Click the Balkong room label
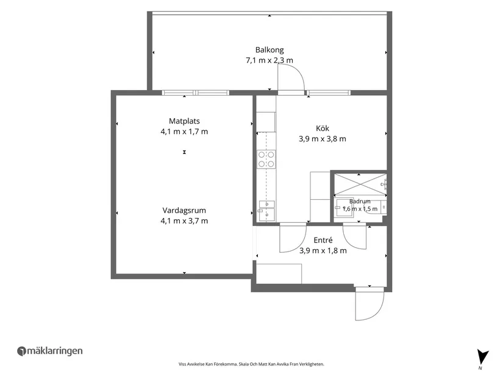click(x=269, y=50)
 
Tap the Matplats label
click(x=185, y=121)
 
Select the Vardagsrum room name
click(x=184, y=211)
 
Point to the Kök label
click(x=323, y=129)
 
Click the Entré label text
click(x=323, y=240)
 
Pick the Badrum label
click(x=360, y=202)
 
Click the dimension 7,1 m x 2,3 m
click(x=269, y=60)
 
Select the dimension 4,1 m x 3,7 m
click(x=185, y=221)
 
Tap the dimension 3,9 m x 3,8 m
click(x=323, y=139)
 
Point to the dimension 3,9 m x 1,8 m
click(x=323, y=251)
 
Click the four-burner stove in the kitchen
click(x=266, y=160)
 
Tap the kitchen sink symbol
click(x=266, y=211)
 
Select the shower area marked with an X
click(x=360, y=185)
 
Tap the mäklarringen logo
click(x=50, y=351)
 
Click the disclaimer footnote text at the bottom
click(x=251, y=364)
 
